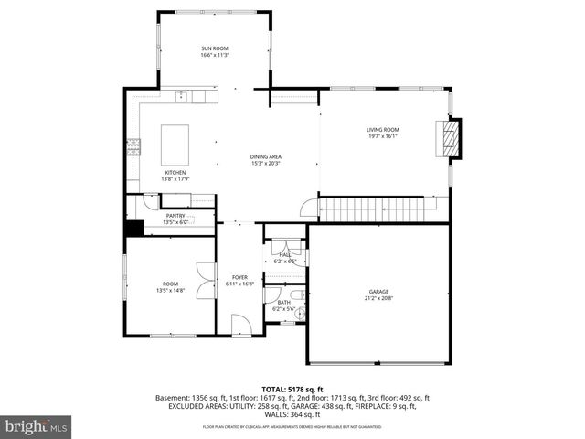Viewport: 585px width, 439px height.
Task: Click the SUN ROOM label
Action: pyautogui.click(x=215, y=48)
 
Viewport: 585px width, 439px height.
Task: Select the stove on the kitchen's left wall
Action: pyautogui.click(x=133, y=145)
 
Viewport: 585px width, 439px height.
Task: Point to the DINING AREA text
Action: pyautogui.click(x=265, y=157)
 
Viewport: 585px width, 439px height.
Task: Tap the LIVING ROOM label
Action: pyautogui.click(x=382, y=130)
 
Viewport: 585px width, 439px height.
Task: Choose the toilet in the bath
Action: pyautogui.click(x=298, y=313)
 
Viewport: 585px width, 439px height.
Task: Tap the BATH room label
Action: pyautogui.click(x=283, y=303)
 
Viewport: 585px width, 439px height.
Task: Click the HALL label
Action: pyautogui.click(x=284, y=255)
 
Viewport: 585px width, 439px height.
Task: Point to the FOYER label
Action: pyautogui.click(x=239, y=276)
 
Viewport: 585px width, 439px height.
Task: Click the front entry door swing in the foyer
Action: pyautogui.click(x=240, y=325)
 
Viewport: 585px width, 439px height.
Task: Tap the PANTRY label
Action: pyautogui.click(x=175, y=216)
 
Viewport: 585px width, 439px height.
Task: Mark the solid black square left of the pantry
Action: pyautogui.click(x=133, y=229)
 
